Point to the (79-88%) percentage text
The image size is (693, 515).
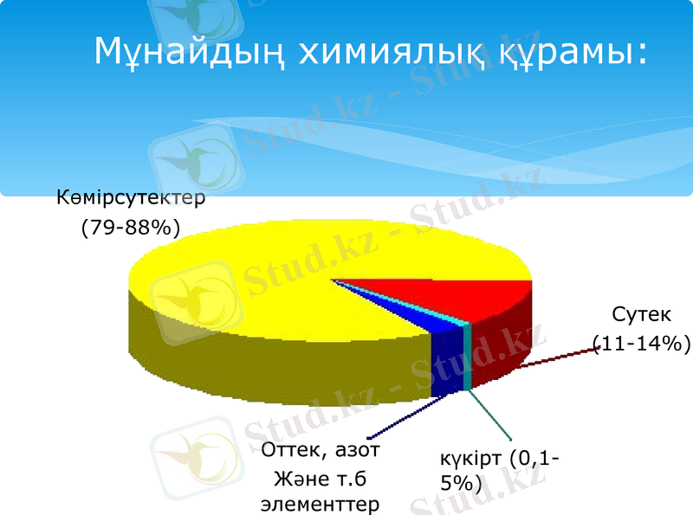point(130,228)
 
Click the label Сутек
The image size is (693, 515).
point(640,313)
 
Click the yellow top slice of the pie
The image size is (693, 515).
point(260,277)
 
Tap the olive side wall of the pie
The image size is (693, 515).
point(260,355)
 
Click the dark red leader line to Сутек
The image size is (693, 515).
point(554,357)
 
